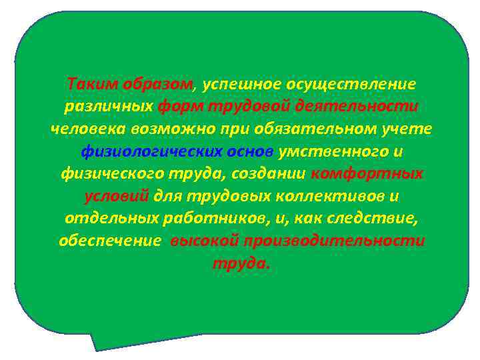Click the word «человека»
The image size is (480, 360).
(x=85, y=129)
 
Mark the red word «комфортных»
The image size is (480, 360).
(x=367, y=174)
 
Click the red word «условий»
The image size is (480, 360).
(x=117, y=197)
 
